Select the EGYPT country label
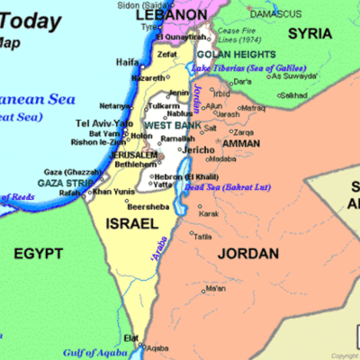pos(38,254)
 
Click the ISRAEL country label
pos(131,222)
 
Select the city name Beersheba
pos(123,206)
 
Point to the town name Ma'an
pos(216,289)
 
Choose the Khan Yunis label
pos(113,191)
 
